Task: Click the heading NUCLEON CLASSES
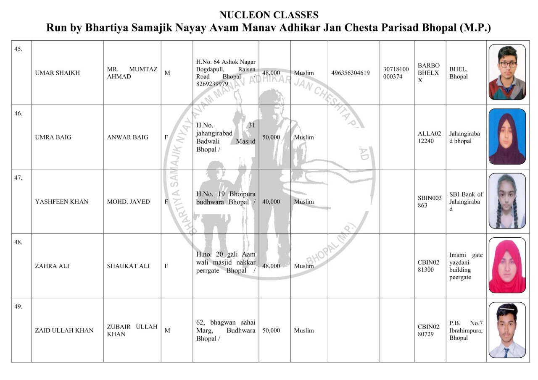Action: coord(269,15)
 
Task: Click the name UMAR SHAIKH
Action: coord(58,73)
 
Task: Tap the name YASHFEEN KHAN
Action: coord(62,202)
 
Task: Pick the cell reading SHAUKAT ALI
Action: coord(128,266)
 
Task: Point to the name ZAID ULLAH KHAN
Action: coord(64,330)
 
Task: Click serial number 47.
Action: coord(18,178)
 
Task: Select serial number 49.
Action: coord(18,307)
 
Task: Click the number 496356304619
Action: coord(351,73)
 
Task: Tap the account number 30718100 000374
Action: coord(396,73)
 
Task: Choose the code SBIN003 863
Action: coord(430,202)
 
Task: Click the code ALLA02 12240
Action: coord(430,137)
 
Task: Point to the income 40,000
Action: coord(271,202)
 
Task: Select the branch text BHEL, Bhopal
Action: coord(459,73)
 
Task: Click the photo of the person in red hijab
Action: coord(507,265)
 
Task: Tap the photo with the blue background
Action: coord(507,137)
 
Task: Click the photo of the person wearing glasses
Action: coord(507,72)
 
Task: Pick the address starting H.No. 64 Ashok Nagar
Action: coord(226,73)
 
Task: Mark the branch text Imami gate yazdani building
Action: coord(466,266)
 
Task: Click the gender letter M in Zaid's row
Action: coord(167,330)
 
